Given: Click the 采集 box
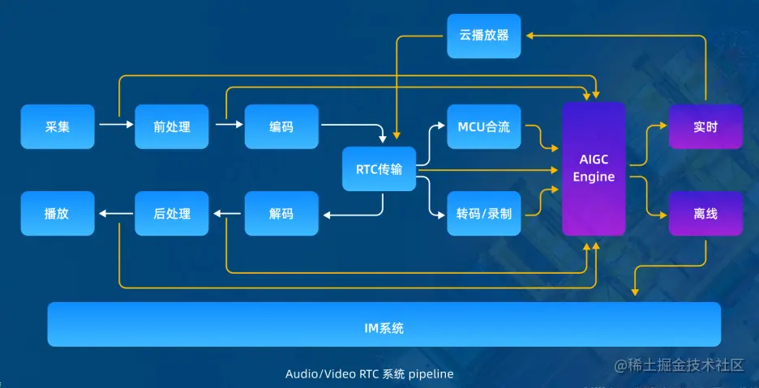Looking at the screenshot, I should tap(58, 126).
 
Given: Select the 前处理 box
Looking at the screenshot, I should tap(172, 126).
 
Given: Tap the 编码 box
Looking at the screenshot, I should tap(281, 126).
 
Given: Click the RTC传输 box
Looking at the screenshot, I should tap(379, 169).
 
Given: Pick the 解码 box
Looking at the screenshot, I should tap(281, 214).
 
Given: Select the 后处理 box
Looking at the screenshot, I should tap(172, 214).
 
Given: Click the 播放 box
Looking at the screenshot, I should tap(58, 214).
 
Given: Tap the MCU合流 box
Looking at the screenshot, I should tap(484, 126).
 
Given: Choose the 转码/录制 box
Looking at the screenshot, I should tap(484, 214).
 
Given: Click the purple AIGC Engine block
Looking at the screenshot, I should tap(594, 168).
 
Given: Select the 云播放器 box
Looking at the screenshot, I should tap(484, 36).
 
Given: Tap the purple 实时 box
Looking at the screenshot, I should tap(705, 126).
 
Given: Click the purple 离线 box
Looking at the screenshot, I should tap(705, 214).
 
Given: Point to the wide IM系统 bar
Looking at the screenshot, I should tap(384, 324).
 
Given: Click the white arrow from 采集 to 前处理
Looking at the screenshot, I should tap(115, 125).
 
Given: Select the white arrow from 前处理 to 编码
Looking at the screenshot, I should tap(229, 125).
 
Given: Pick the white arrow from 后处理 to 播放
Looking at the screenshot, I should tap(116, 213).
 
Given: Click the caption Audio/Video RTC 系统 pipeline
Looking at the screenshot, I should tap(370, 374).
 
